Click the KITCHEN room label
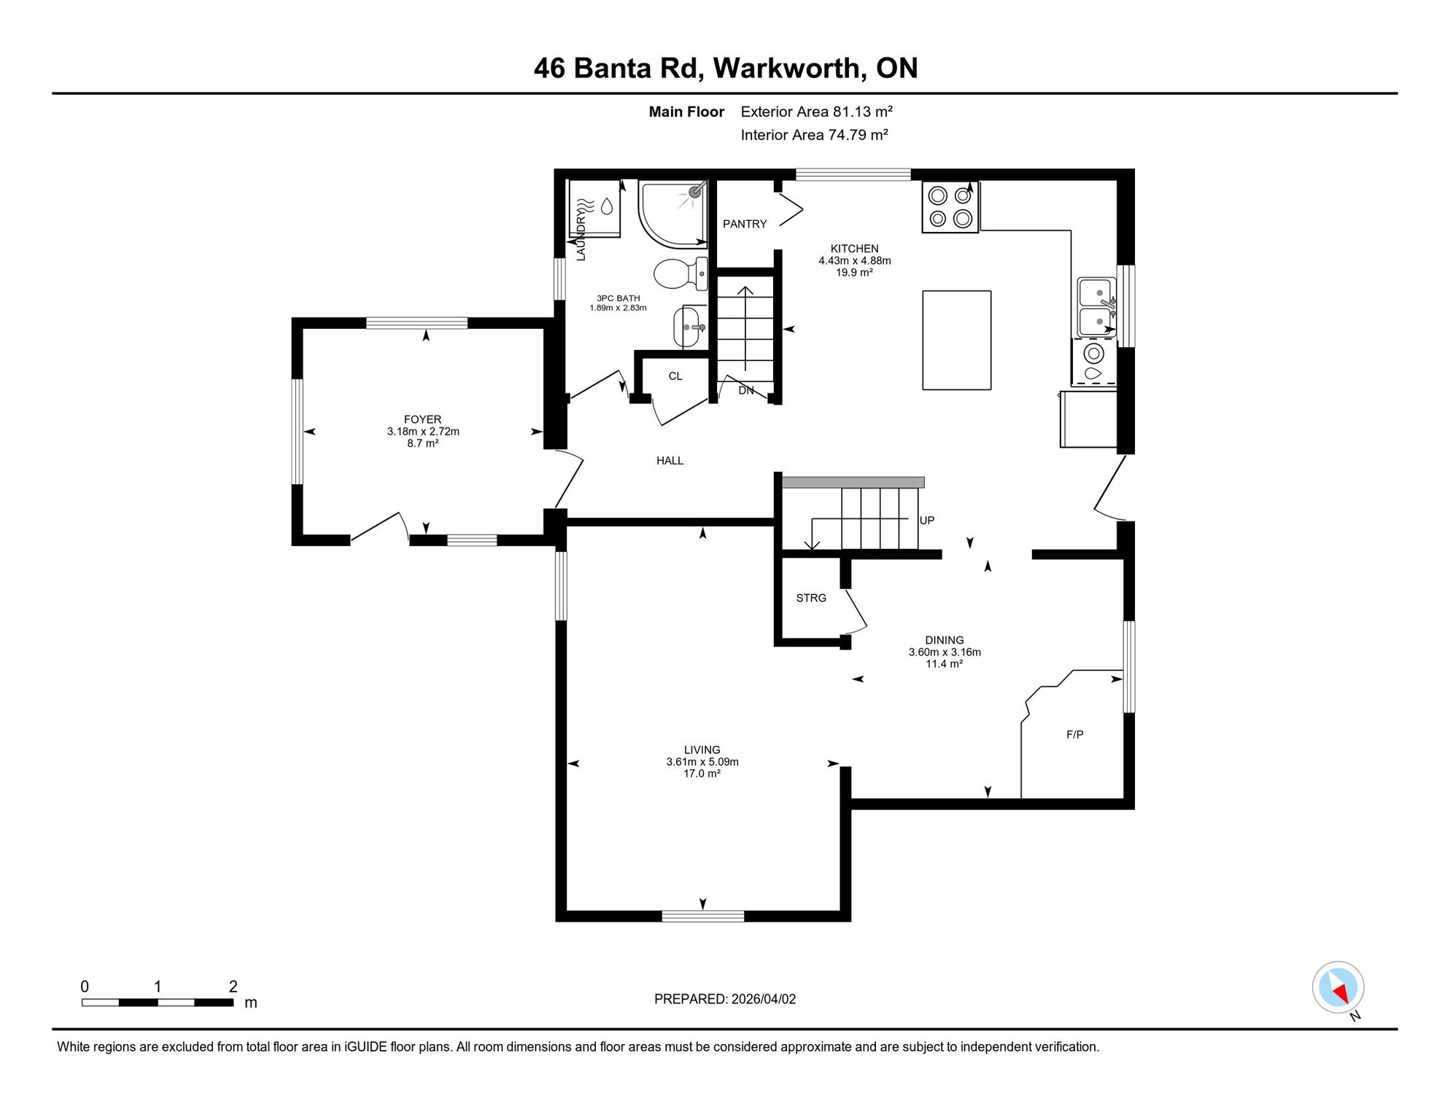[854, 249]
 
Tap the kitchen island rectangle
[956, 341]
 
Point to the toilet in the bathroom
[681, 273]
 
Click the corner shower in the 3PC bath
[672, 214]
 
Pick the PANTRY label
[745, 224]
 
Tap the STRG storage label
[811, 598]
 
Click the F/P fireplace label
[1074, 734]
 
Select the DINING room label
[945, 640]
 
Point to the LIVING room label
[702, 750]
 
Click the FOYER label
[422, 419]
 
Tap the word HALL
[670, 461]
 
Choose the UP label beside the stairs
[927, 520]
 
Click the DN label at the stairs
[746, 390]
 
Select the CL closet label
[675, 376]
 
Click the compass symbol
[1338, 988]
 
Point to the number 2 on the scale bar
[233, 987]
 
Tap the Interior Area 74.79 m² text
[814, 135]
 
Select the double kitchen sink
[1097, 307]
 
